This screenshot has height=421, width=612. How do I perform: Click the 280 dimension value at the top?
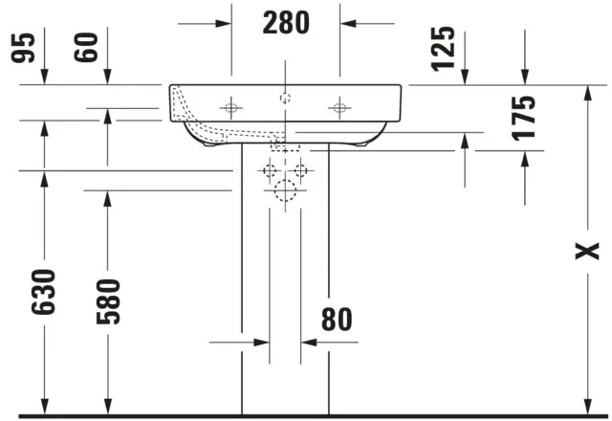coord(287,22)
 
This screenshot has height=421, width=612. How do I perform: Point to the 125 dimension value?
coord(443,50)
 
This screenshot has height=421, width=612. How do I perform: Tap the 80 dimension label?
coord(336,320)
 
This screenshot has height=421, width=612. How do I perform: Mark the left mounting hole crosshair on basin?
coord(230,108)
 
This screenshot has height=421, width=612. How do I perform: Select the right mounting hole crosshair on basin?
coord(339,108)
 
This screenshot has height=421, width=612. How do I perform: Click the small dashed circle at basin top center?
coord(284,98)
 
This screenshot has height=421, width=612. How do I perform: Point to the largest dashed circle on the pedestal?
coord(284,191)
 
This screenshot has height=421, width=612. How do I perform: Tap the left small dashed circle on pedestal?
coord(270,171)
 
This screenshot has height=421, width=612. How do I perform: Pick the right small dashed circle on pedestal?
coord(300,171)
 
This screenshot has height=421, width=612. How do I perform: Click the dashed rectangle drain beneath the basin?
coord(286,148)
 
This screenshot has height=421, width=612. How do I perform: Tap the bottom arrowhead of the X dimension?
coord(584,408)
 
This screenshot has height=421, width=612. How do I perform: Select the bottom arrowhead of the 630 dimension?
coord(43,408)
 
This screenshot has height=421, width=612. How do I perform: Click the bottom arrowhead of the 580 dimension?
coord(106,408)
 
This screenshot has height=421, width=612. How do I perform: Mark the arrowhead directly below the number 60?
coord(106,78)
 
